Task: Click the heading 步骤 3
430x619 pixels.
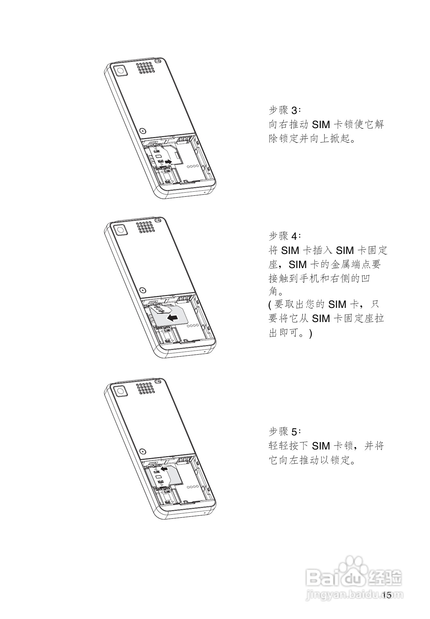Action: point(285,110)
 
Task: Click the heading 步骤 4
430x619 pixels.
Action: point(285,236)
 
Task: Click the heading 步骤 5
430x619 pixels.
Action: point(285,432)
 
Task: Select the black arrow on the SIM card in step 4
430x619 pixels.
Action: point(172,318)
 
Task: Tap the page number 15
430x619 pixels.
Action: point(387,595)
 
